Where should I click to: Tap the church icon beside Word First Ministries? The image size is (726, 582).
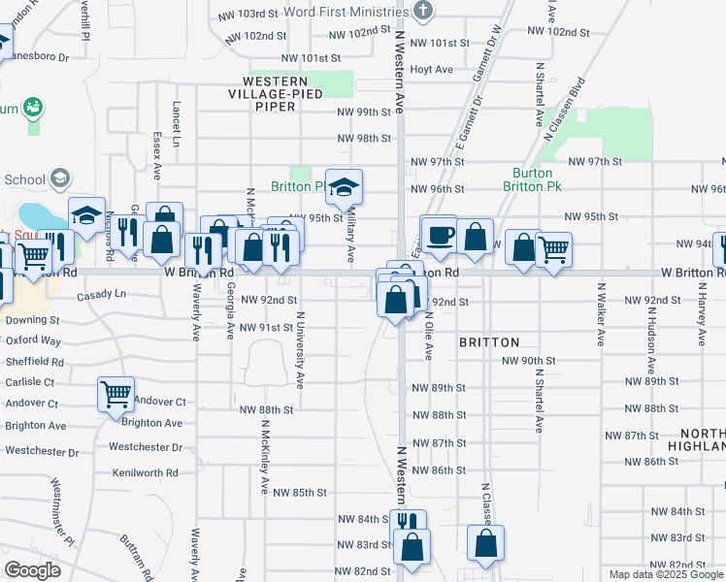(422, 11)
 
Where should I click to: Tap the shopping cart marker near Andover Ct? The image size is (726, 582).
(115, 395)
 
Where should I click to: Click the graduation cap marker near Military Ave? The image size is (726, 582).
(343, 189)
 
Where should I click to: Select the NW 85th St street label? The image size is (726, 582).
(299, 492)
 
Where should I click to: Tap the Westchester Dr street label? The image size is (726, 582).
(146, 447)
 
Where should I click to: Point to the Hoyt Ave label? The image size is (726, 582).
(432, 70)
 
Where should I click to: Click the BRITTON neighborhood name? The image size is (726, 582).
(489, 342)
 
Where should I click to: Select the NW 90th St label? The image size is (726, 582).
(528, 361)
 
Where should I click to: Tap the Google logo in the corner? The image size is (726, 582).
(32, 570)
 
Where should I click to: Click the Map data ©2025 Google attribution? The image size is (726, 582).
(666, 574)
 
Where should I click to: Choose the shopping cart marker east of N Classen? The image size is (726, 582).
(553, 249)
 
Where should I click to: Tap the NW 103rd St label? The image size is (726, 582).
(257, 15)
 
